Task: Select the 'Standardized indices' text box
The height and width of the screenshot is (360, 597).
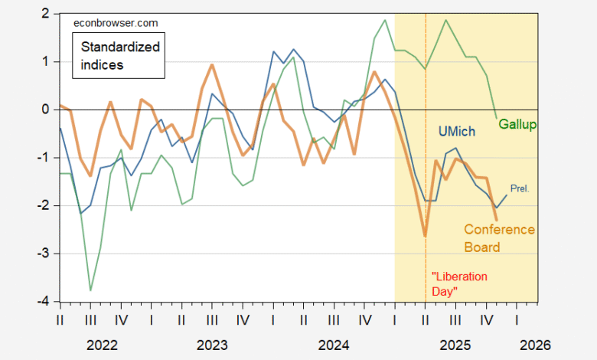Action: tap(121, 56)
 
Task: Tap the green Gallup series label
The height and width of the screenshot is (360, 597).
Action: tap(517, 124)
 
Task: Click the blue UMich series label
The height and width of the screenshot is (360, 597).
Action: tap(460, 131)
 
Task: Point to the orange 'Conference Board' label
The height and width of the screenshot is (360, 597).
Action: tap(498, 238)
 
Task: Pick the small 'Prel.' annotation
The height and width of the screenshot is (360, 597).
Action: tap(520, 188)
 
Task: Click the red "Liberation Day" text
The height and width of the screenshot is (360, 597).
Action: tap(459, 283)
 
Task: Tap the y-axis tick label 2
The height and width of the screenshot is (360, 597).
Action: tap(46, 14)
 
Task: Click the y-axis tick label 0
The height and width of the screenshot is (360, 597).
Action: tap(46, 110)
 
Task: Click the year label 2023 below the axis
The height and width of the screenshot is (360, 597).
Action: tap(212, 345)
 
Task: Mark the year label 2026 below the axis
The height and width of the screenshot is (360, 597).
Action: tap(533, 345)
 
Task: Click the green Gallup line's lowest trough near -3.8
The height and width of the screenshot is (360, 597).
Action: tap(91, 290)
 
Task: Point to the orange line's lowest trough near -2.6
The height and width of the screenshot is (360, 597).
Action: tap(425, 235)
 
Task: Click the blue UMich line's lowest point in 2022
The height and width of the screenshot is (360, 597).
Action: tap(81, 214)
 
